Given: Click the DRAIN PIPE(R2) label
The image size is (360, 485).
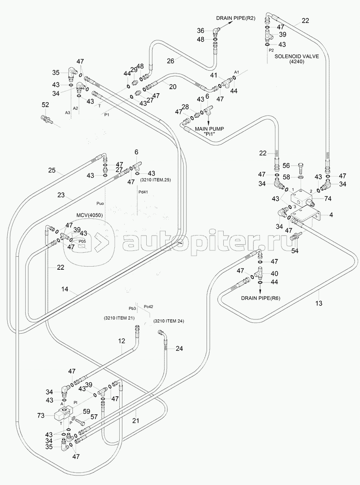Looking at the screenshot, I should coord(236,18).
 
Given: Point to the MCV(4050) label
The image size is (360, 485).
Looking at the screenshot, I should coord(89,215).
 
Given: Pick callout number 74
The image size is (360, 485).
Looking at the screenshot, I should coord(328,199).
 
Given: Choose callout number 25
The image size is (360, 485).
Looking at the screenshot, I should coord(53,170).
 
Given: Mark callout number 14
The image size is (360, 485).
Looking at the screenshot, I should coord(66,290).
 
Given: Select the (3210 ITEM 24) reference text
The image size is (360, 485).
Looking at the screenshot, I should coord(169,321).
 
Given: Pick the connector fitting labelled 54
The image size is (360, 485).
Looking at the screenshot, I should coord(297,236).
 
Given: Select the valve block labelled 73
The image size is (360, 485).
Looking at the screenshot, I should coord(62,412).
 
